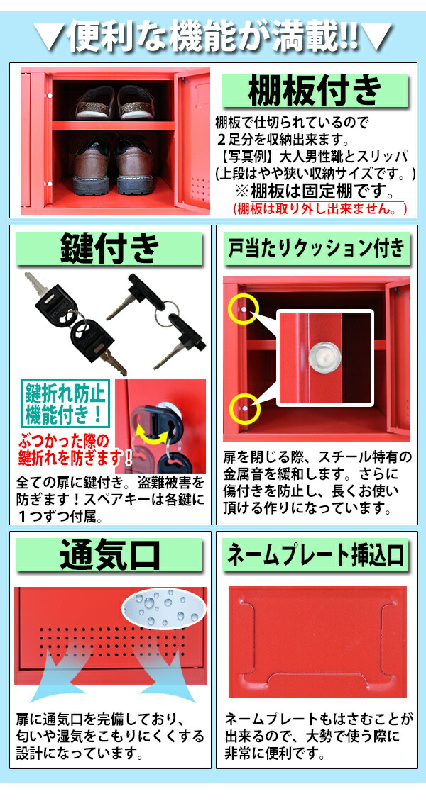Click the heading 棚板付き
click(315, 90)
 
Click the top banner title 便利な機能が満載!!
click(213, 35)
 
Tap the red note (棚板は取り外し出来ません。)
click(320, 208)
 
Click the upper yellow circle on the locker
click(242, 309)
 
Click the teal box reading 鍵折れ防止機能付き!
click(65, 401)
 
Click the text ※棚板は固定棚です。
click(315, 192)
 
